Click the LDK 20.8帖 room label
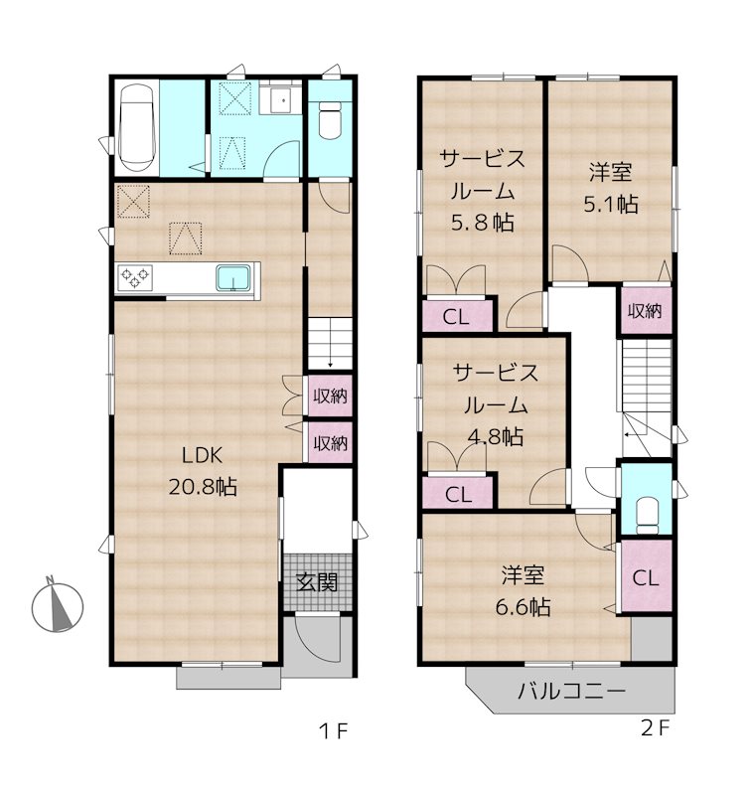coord(208,471)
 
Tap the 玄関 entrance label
coord(315,581)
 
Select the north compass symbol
coord(57,604)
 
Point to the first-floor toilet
coord(330,121)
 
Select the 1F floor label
coord(333,732)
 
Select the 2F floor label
coord(656,728)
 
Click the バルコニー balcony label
coord(570,693)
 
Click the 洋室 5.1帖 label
coord(609,188)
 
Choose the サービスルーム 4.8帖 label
coord(497,403)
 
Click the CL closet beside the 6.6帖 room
coord(646,578)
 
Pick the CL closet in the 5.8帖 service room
coord(456,318)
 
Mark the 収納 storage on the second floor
coord(645,310)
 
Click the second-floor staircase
coord(646,378)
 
